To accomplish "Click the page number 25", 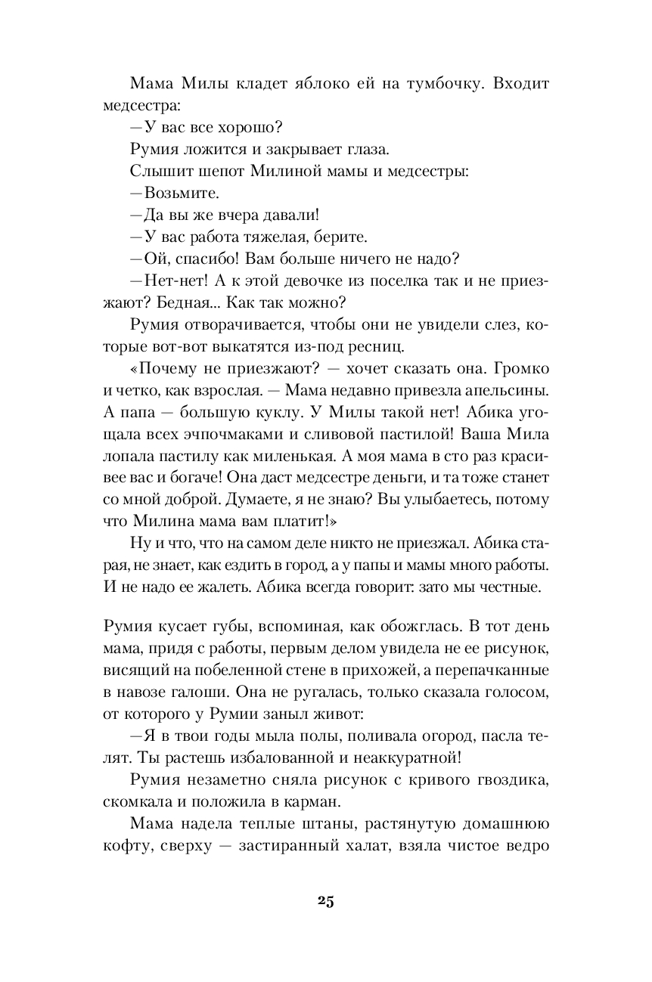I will (326, 900).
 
